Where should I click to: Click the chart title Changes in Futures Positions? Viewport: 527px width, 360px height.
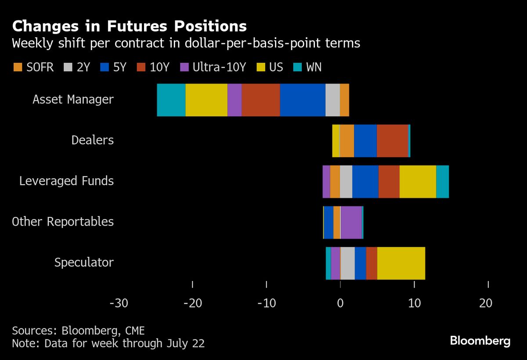pyautogui.click(x=129, y=26)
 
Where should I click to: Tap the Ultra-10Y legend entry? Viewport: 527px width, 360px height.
pyautogui.click(x=213, y=67)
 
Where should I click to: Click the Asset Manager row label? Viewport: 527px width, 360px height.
pyautogui.click(x=73, y=100)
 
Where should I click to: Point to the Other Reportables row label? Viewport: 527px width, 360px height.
pyautogui.click(x=63, y=222)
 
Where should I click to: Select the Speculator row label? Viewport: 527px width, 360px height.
pyautogui.click(x=84, y=263)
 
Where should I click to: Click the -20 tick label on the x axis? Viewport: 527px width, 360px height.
pyautogui.click(x=193, y=303)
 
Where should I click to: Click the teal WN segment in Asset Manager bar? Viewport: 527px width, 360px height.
pyautogui.click(x=171, y=100)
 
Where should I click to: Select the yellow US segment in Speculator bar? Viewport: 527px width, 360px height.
pyautogui.click(x=401, y=263)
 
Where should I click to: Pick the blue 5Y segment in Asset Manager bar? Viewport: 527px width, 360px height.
pyautogui.click(x=303, y=100)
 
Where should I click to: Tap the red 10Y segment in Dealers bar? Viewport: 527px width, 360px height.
pyautogui.click(x=393, y=140)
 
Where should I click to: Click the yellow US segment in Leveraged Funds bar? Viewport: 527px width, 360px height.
pyautogui.click(x=418, y=181)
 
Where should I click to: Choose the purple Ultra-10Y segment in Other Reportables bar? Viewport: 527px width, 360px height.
pyautogui.click(x=351, y=222)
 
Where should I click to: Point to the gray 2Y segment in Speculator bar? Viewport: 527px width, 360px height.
pyautogui.click(x=347, y=263)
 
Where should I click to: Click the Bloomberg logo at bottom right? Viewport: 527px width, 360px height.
pyautogui.click(x=480, y=341)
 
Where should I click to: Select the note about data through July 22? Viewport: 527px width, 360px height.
pyautogui.click(x=108, y=343)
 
